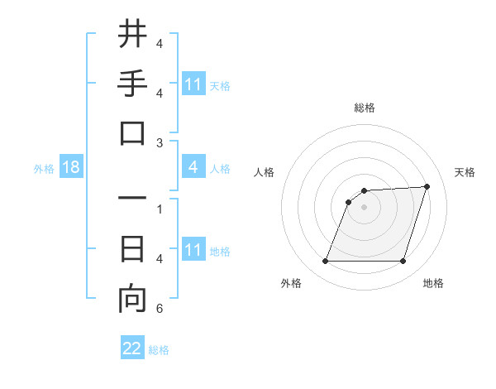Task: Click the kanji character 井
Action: [132, 35]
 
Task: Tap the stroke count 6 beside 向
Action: [159, 309]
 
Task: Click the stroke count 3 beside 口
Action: [159, 143]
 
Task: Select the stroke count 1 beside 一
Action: [159, 209]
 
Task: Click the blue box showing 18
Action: [71, 168]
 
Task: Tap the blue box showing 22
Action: [132, 348]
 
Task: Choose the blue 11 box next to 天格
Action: [193, 84]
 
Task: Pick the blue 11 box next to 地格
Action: [193, 250]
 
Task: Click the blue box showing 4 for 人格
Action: [193, 167]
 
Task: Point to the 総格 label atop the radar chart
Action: [364, 108]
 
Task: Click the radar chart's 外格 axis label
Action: [291, 283]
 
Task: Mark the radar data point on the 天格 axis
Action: [427, 186]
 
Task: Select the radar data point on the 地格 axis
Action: [403, 262]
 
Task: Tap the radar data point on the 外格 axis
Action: [325, 262]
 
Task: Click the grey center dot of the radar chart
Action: [364, 207]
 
